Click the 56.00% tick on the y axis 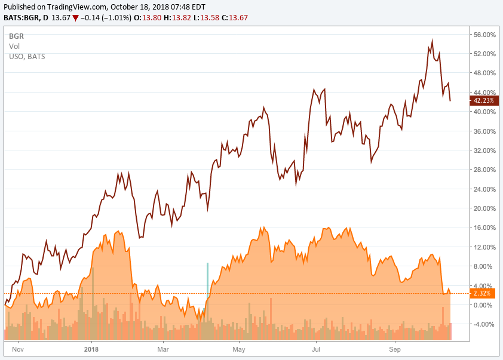[484, 35]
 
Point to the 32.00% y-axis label [484, 150]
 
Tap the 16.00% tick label [484, 227]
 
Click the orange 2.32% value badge [481, 294]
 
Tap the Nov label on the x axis [18, 348]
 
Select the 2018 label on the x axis [91, 348]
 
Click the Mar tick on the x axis [163, 348]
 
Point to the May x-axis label [240, 348]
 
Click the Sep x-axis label [395, 348]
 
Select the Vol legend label [14, 46]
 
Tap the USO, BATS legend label [27, 57]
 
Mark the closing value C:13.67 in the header [234, 18]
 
